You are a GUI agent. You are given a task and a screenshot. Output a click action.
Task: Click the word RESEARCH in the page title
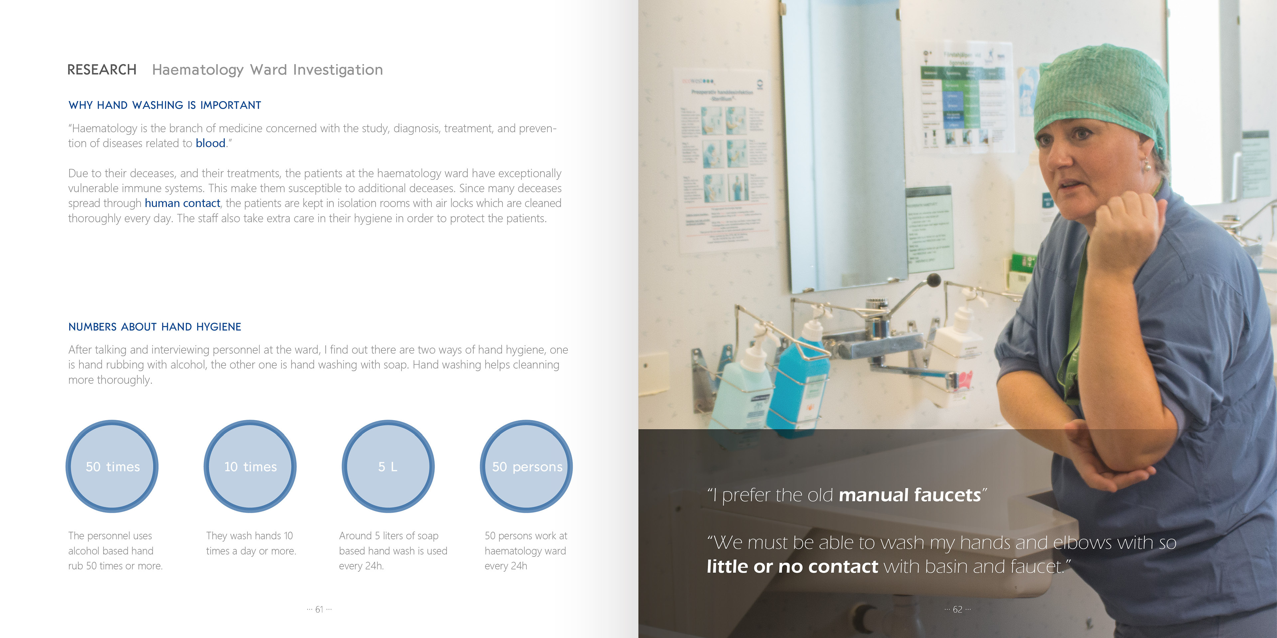pos(102,70)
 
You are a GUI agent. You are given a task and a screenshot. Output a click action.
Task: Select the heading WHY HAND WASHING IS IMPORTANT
pos(165,105)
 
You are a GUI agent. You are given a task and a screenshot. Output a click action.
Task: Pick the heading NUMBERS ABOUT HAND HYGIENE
pos(155,327)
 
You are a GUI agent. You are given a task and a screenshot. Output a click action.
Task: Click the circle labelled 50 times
pos(112,466)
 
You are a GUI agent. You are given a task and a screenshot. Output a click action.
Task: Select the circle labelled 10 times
pos(250,466)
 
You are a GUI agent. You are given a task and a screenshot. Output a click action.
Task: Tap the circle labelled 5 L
pos(388,466)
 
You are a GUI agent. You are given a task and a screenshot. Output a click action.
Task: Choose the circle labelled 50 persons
pos(526,466)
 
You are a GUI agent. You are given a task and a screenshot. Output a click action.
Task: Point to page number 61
pos(319,609)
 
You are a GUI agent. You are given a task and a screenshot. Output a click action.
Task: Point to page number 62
pos(957,609)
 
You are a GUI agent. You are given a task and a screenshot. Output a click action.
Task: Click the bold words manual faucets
pos(910,495)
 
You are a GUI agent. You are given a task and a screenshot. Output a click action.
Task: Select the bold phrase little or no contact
pos(792,566)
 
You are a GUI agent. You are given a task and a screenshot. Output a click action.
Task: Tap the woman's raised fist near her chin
pos(1125,223)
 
